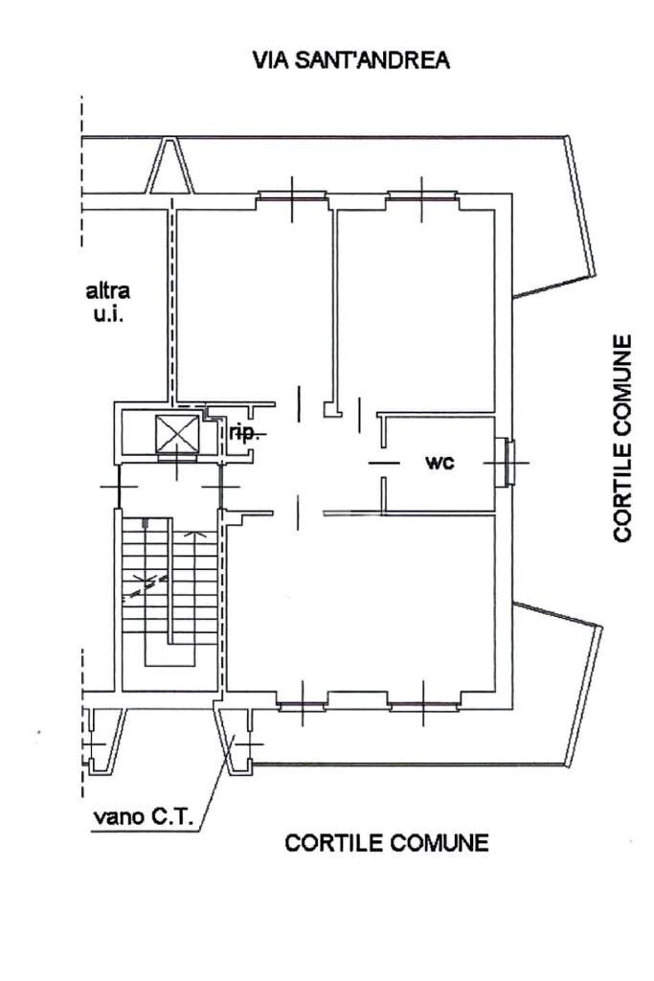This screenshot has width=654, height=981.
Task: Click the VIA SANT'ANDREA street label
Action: coord(350,60)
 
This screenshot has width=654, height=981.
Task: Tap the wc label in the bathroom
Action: coord(440,463)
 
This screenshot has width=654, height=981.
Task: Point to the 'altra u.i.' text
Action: coord(107,301)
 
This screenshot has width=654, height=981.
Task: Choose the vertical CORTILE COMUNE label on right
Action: coord(623,438)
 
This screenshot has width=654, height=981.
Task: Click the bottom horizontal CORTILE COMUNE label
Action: coord(386,843)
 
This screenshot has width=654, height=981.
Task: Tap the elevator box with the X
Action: coord(177,434)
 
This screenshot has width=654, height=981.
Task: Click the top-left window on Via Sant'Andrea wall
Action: coord(292,196)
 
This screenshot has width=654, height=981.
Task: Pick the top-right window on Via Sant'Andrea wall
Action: coord(422,196)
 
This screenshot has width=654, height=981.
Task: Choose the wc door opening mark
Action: coord(383,463)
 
